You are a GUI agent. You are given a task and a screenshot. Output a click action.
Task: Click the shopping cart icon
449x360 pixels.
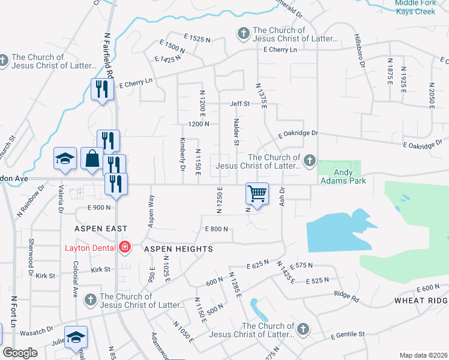[x=257, y=194]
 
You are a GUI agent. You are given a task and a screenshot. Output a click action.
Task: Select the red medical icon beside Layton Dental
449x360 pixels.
[x=125, y=247]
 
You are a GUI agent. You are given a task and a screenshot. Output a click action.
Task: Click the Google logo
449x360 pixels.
[x=20, y=353]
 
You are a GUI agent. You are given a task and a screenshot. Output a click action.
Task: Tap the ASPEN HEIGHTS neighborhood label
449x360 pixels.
[x=178, y=248]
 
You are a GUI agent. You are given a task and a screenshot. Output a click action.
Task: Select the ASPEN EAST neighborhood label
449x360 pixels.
[x=100, y=229]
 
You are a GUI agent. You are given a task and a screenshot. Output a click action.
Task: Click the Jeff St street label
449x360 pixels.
[x=240, y=104]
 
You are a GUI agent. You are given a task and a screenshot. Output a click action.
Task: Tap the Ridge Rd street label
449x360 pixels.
[x=346, y=296]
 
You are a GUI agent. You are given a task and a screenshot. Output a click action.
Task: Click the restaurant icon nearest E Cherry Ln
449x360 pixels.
[x=101, y=89]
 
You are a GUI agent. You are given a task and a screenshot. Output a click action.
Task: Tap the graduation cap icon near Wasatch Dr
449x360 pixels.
[x=76, y=337]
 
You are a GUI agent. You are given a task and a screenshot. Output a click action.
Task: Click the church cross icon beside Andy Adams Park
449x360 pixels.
[x=309, y=160]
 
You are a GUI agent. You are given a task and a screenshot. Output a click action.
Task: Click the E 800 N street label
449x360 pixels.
[x=217, y=229]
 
